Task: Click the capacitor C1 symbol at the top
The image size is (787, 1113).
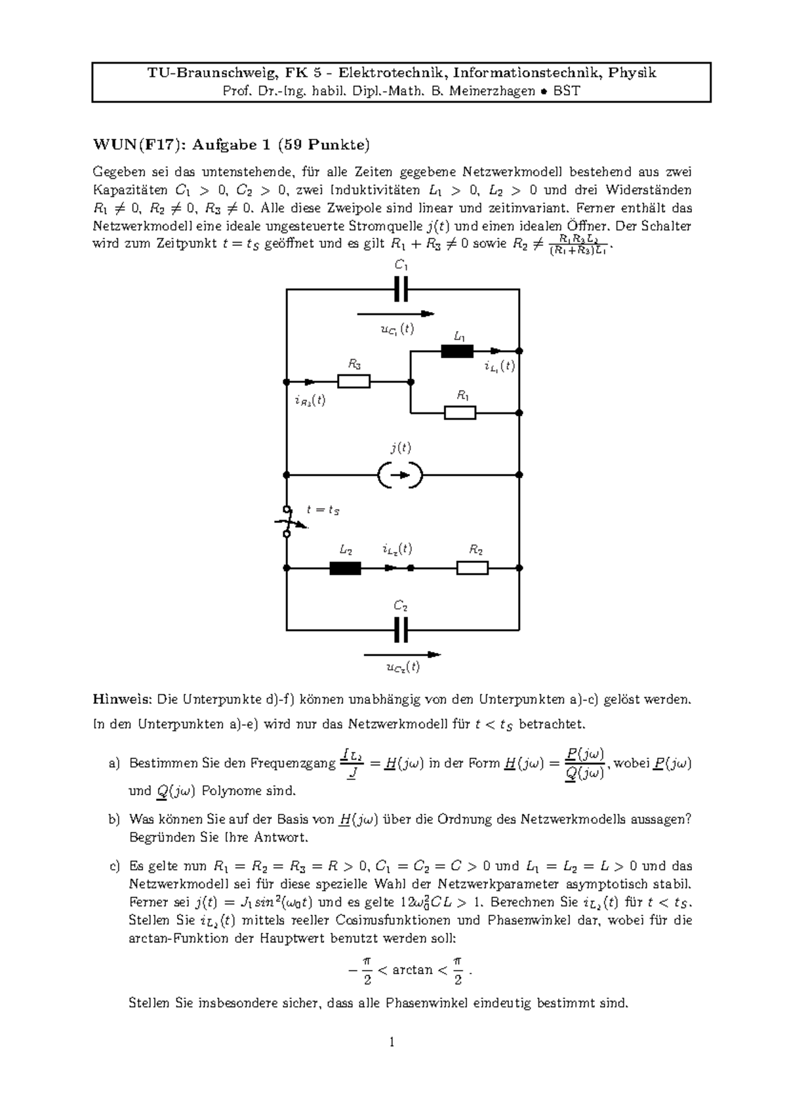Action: click(401, 288)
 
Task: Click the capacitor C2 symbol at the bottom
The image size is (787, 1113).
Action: click(401, 630)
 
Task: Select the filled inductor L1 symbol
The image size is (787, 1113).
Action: click(457, 351)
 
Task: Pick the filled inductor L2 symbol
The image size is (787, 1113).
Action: click(345, 568)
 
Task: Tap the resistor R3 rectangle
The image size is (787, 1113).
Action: click(354, 381)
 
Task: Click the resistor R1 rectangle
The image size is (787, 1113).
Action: click(460, 413)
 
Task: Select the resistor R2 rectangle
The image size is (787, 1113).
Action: click(472, 568)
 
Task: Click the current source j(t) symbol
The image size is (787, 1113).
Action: click(401, 475)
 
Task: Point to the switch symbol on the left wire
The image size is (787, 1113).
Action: click(287, 522)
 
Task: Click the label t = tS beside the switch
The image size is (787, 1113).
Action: click(323, 509)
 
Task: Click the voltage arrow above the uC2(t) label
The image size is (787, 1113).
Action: click(401, 654)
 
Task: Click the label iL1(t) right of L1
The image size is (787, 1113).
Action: click(500, 366)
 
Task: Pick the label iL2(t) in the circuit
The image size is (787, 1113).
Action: click(397, 549)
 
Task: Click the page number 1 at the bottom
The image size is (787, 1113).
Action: click(392, 1042)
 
